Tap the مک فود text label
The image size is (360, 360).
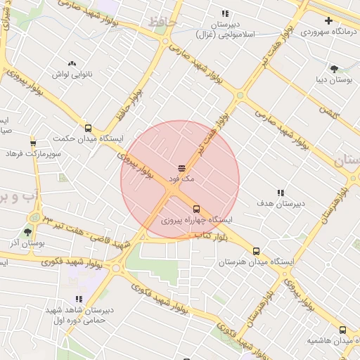(180, 180)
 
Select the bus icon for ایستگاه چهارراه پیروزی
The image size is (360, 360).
(196, 209)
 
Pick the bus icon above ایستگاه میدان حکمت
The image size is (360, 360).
(88, 128)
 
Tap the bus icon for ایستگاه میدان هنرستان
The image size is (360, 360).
(256, 251)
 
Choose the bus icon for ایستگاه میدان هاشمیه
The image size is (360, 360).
(342, 330)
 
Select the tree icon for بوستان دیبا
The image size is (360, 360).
(333, 69)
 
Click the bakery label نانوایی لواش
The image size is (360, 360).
(72, 74)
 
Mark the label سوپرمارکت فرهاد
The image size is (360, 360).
(33, 153)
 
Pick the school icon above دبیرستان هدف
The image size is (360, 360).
(280, 192)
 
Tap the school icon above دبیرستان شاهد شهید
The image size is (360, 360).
(79, 299)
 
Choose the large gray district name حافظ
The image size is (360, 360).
(162, 24)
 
